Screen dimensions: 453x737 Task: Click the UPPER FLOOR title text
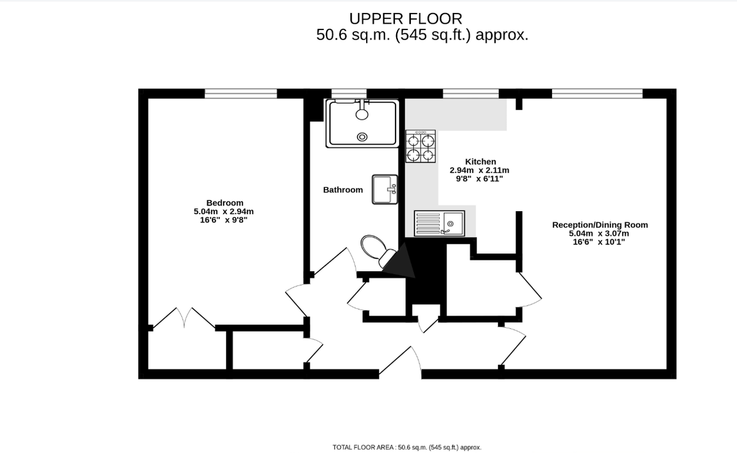point(405,18)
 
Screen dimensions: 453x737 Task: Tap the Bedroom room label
point(224,203)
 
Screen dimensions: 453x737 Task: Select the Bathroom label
point(343,190)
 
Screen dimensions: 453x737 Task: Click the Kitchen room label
point(480,161)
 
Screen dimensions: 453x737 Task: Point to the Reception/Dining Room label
point(599,225)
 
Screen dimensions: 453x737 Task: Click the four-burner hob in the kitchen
point(421,146)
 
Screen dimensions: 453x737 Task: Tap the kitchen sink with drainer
point(440,222)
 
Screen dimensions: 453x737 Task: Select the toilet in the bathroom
point(375,249)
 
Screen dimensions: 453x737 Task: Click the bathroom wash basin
point(385,189)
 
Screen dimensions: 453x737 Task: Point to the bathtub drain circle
point(362,136)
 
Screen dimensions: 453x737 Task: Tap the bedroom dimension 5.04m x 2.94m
point(224,212)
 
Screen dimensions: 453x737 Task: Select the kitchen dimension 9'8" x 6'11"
point(480,179)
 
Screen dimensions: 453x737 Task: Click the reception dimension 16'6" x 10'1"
point(599,242)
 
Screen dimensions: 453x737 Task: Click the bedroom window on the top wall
point(241,93)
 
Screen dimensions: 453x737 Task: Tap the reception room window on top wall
point(597,93)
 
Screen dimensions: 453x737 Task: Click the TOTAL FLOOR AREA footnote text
point(407,447)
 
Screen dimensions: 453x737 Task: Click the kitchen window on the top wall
point(470,93)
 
